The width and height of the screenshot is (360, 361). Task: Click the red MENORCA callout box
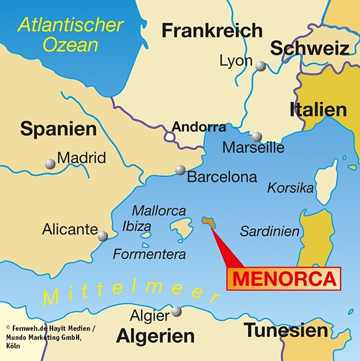tap(284, 278)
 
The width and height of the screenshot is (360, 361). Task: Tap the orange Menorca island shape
tap(209, 221)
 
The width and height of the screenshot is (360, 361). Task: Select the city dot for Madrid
tap(50, 164)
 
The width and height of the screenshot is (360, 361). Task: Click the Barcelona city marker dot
tap(180, 169)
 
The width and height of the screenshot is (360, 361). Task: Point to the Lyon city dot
tap(261, 66)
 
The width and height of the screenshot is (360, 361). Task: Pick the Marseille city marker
tap(257, 136)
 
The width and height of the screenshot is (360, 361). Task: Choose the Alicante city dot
tap(103, 236)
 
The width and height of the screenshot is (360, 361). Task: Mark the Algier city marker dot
tap(177, 311)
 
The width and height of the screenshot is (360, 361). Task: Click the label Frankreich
tap(212, 31)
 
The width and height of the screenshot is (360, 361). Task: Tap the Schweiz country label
tap(309, 48)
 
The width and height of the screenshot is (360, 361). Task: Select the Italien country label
tap(318, 110)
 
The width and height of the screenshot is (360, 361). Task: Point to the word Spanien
tap(58, 129)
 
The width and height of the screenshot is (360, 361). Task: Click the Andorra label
tap(199, 127)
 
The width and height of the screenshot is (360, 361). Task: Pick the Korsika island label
tap(290, 188)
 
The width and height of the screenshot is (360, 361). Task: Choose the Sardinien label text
tap(269, 231)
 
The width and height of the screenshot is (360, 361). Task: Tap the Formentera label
tap(149, 253)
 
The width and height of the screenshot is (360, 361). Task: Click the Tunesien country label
tap(286, 330)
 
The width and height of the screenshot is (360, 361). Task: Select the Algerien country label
tap(156, 336)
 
